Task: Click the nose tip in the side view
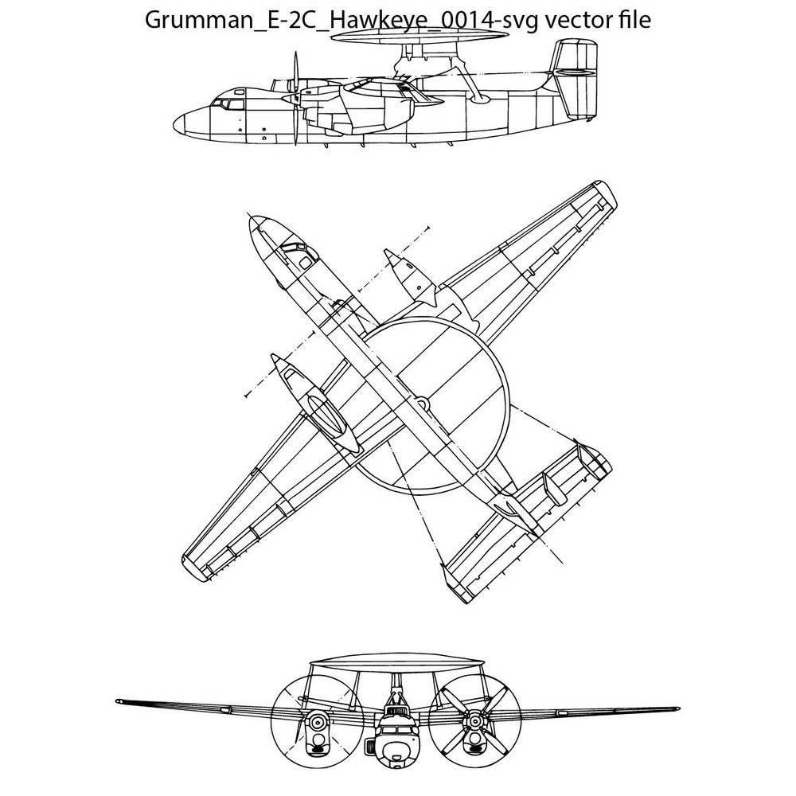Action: [174, 123]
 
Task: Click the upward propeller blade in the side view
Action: [295, 71]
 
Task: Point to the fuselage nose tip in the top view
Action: [252, 220]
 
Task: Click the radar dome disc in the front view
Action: [396, 661]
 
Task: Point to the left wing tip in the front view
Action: [119, 701]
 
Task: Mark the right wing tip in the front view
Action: [677, 708]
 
